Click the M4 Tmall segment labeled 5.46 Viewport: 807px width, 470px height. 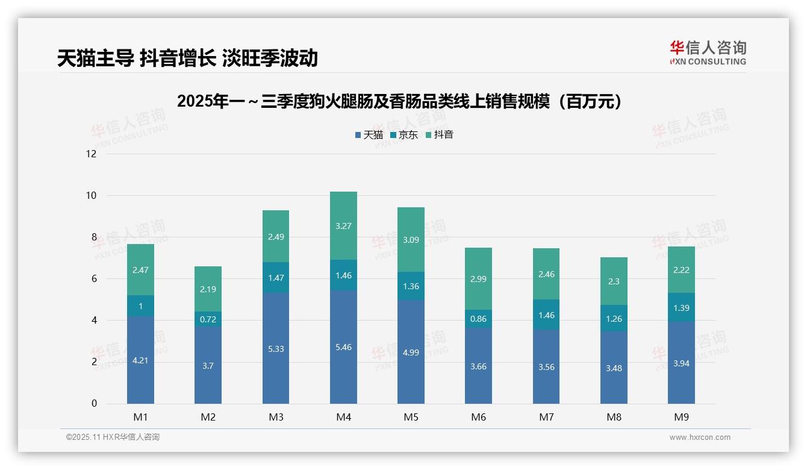(x=343, y=347)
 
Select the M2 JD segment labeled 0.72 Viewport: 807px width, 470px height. (x=208, y=319)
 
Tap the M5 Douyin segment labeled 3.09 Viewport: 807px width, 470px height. (x=411, y=239)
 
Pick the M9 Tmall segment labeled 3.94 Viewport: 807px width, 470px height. (x=681, y=363)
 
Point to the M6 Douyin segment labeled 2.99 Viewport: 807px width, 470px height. (x=478, y=279)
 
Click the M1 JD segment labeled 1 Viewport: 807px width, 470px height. (x=140, y=306)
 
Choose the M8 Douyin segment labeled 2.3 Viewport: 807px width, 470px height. (x=614, y=281)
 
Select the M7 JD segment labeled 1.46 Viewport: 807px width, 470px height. (x=546, y=315)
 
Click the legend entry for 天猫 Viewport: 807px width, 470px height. (x=369, y=135)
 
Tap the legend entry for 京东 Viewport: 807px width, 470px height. (x=404, y=135)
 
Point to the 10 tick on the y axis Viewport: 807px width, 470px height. (x=91, y=196)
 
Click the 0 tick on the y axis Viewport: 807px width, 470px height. (x=94, y=404)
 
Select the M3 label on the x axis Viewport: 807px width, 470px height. (x=276, y=417)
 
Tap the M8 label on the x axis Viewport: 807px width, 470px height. (x=614, y=417)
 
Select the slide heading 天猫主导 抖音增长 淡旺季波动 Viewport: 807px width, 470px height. (x=187, y=58)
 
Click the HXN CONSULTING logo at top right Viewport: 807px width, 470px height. (x=708, y=52)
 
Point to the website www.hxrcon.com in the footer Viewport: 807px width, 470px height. (x=700, y=437)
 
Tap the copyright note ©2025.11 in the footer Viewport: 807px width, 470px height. (x=113, y=437)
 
